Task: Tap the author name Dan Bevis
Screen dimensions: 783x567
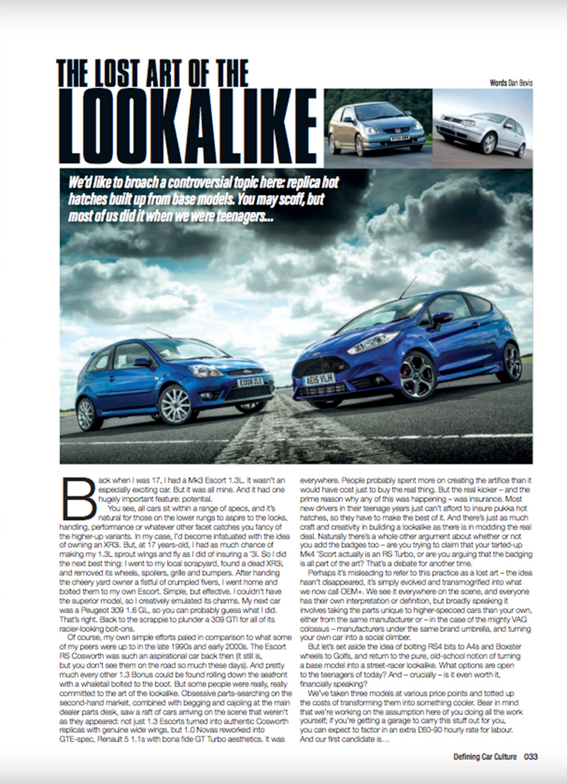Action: click(520, 83)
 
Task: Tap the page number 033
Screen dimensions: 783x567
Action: click(530, 757)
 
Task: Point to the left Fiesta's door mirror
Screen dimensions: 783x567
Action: click(142, 362)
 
